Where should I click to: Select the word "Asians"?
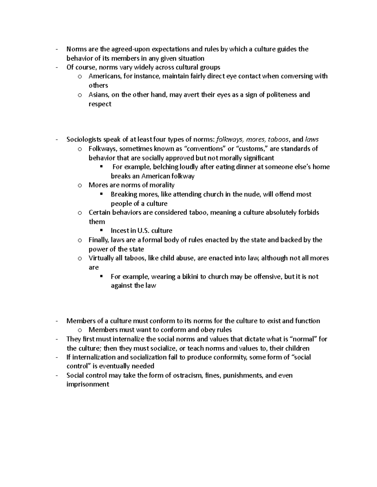pos(98,95)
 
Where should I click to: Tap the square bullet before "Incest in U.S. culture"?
pos(101,230)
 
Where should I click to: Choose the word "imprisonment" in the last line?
pos(88,384)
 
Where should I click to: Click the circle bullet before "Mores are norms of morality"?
pos(80,185)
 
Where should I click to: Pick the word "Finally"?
pos(99,240)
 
